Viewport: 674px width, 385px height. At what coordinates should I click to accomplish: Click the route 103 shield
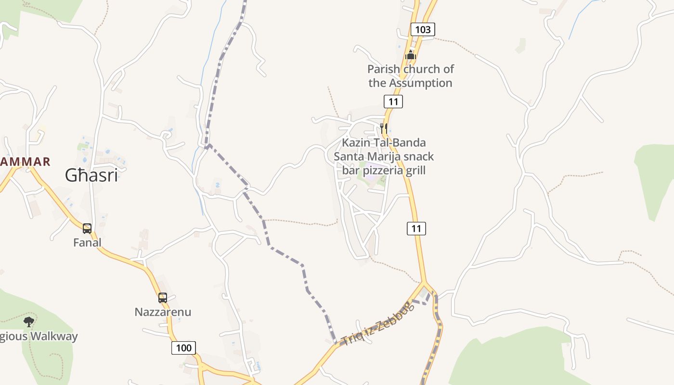[423, 29]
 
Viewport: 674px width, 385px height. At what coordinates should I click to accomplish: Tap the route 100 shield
[183, 347]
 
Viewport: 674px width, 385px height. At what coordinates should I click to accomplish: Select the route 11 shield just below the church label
[393, 102]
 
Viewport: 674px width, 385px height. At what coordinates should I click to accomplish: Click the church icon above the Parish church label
[410, 55]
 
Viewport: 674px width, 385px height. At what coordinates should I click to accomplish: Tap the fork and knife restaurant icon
[383, 128]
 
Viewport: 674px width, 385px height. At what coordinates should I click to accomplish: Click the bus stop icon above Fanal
[87, 228]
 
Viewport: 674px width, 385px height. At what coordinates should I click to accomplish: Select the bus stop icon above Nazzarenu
[163, 297]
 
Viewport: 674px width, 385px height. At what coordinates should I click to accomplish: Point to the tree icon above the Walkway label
[29, 321]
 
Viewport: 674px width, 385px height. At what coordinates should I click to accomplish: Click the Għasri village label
[91, 176]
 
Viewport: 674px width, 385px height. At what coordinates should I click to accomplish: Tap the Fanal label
[87, 243]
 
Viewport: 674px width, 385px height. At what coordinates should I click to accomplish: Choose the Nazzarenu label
[163, 312]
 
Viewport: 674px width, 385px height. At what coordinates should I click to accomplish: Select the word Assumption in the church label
[420, 83]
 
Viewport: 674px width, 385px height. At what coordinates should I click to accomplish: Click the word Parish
[383, 69]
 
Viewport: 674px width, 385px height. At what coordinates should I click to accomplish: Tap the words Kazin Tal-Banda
[384, 143]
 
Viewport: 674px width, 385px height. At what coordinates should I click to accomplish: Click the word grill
[414, 170]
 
